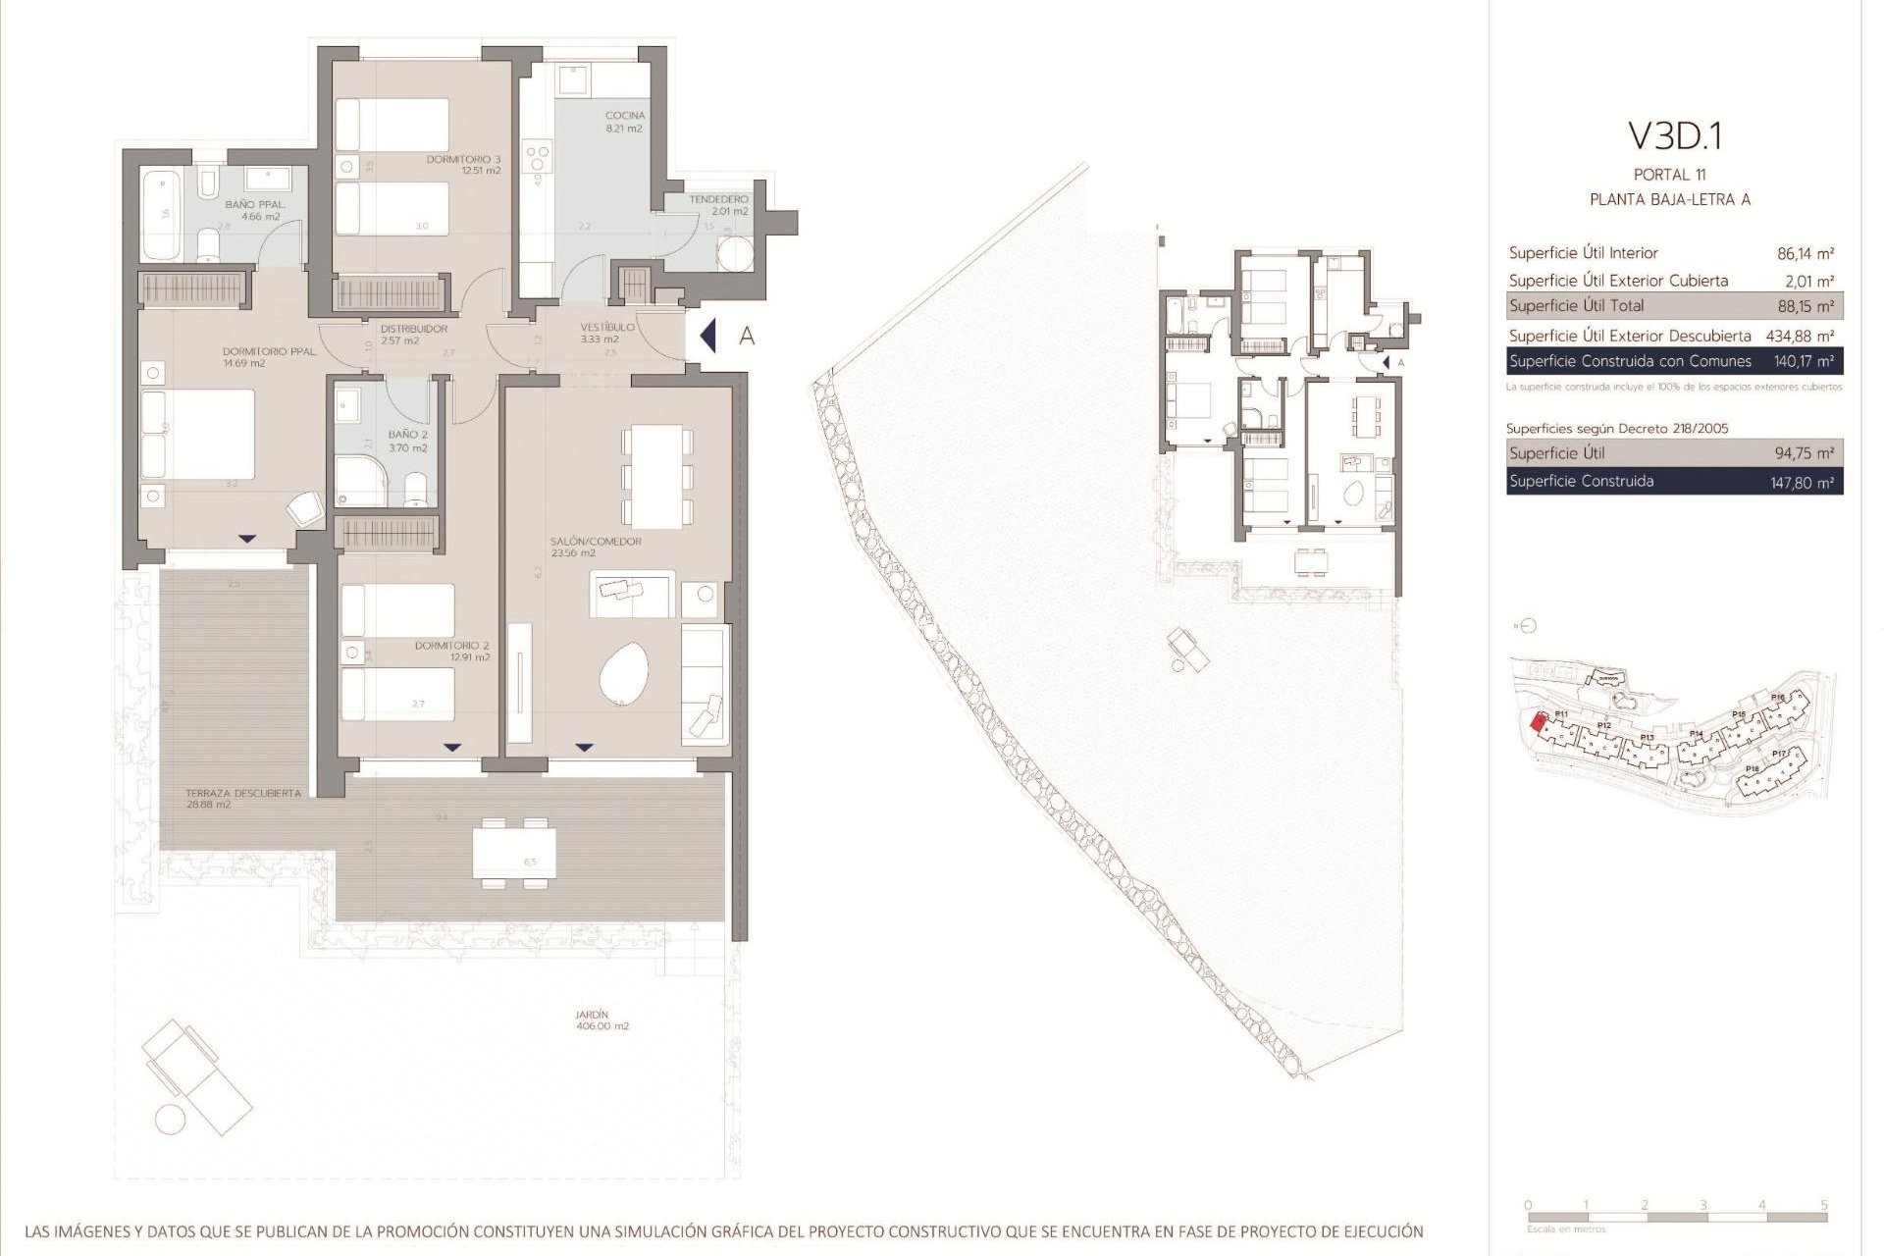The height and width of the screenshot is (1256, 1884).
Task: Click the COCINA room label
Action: pos(624,116)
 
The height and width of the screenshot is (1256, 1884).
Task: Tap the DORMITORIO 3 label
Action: pos(464,159)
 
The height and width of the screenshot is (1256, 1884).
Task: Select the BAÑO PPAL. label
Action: pos(255,205)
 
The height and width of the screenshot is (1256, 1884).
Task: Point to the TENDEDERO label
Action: pos(718,199)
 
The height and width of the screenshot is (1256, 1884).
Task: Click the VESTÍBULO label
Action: pos(607,328)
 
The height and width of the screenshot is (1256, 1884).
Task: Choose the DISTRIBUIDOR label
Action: pos(414,329)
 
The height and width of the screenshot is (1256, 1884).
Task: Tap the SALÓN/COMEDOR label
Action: pos(582,542)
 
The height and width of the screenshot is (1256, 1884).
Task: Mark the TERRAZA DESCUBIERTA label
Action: pos(243,793)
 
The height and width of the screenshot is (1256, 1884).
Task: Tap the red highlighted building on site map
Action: pos(1538,723)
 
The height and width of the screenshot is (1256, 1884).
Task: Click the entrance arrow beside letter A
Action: pos(708,336)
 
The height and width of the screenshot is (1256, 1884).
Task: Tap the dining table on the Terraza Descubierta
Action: pos(514,853)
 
